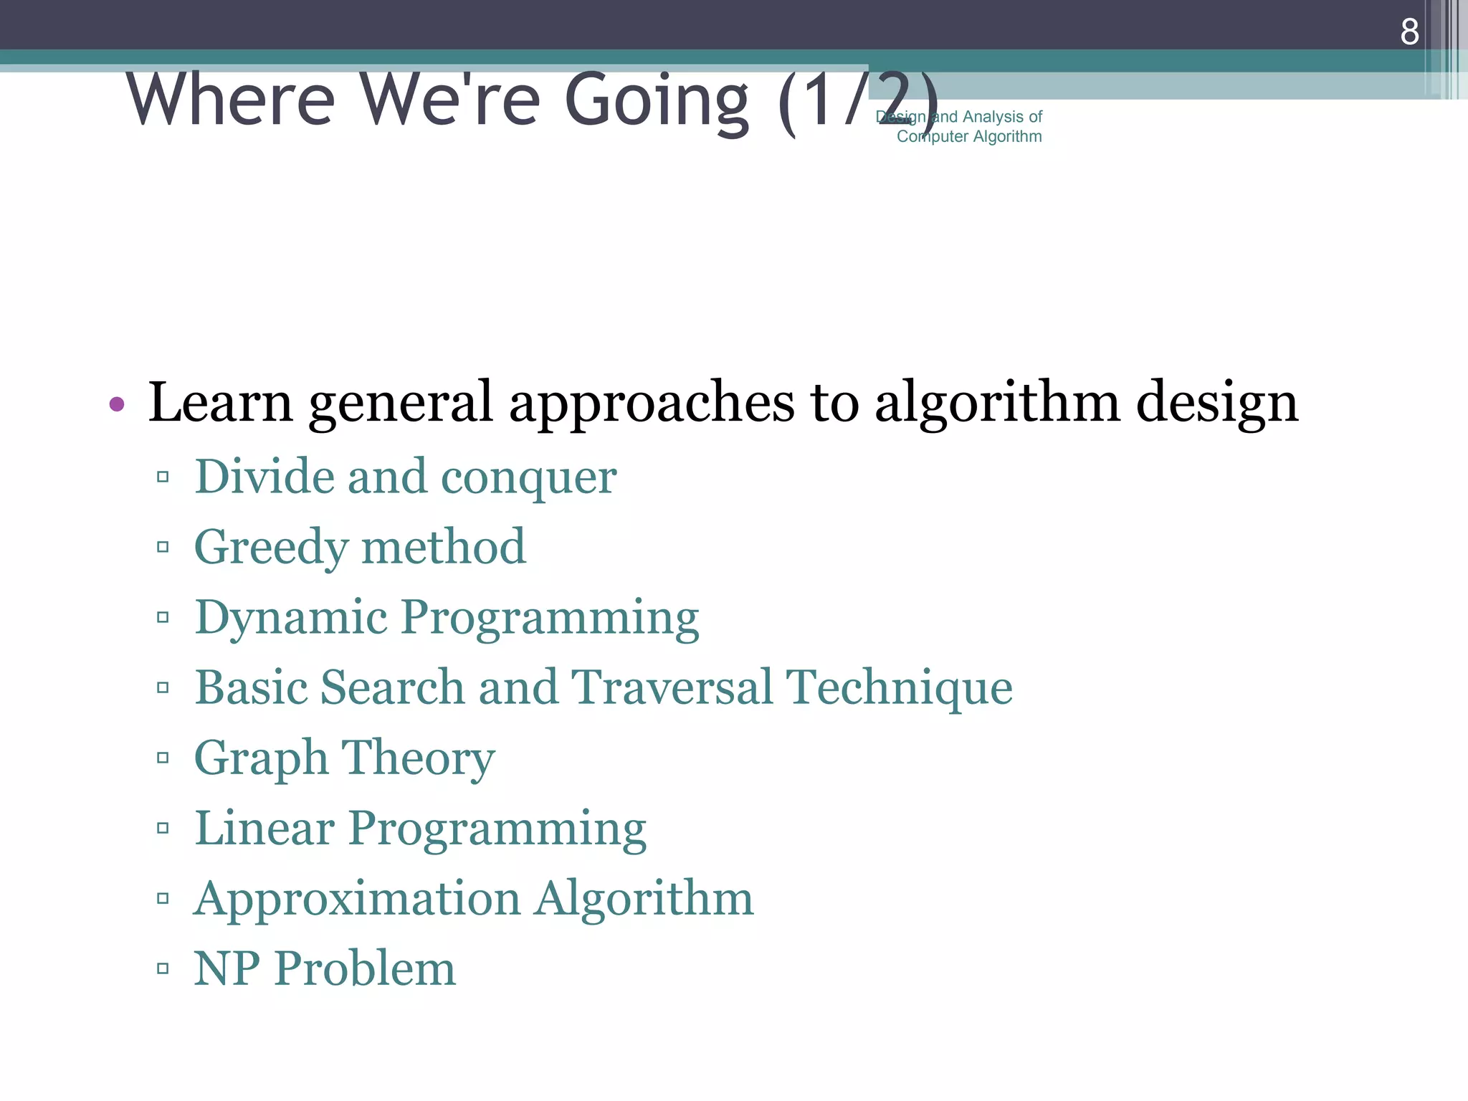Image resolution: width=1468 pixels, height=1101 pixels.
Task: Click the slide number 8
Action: point(1409,32)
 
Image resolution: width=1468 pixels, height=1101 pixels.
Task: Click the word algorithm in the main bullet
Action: point(997,403)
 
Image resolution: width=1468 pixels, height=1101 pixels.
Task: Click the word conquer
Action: point(528,477)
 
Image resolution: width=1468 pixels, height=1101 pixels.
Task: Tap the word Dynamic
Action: point(291,618)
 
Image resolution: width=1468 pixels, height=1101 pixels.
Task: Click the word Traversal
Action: point(672,687)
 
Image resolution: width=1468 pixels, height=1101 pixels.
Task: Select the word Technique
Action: point(899,687)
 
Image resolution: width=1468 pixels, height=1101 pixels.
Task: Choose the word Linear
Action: point(264,828)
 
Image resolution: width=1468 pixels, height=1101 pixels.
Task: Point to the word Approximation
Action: point(357,898)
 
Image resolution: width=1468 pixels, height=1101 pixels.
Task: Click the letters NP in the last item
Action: point(227,968)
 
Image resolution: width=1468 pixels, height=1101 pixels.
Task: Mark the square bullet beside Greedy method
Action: point(163,548)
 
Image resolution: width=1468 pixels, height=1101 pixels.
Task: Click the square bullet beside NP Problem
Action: point(163,969)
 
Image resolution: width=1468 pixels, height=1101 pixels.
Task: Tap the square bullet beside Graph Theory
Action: point(163,758)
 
